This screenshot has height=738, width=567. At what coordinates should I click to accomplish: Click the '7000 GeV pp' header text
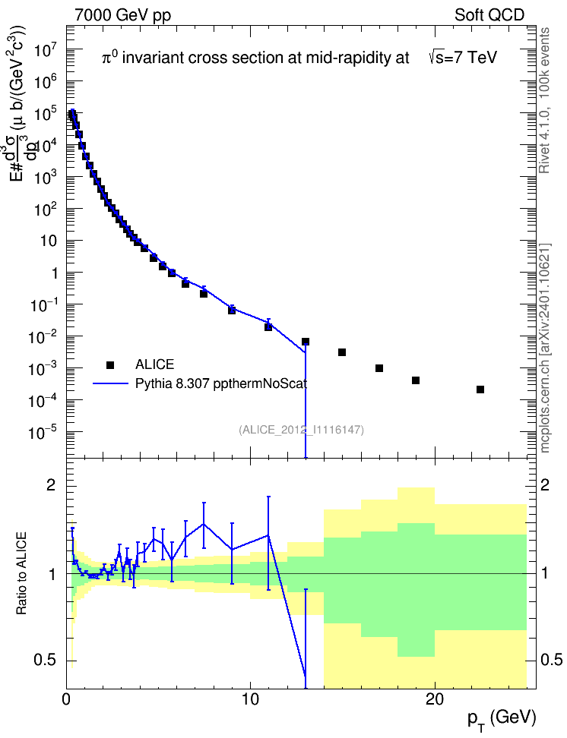coord(122,15)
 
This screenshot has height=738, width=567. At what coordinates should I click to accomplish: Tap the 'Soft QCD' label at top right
coord(489,15)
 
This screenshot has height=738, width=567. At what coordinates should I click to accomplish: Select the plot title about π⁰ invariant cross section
coord(299,58)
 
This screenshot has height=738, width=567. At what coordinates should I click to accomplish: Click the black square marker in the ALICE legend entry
coord(110,364)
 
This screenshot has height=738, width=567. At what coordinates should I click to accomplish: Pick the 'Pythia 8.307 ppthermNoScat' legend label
coord(221,383)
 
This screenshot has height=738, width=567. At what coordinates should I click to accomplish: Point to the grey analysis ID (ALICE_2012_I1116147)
coord(302,430)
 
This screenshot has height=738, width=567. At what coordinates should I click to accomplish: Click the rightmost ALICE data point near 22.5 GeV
coord(480,389)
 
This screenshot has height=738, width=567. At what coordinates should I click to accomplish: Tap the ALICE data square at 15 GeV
coord(342,352)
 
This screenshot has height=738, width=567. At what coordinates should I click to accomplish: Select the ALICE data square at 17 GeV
coord(379,368)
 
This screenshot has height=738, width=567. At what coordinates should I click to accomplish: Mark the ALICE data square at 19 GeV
coord(416,380)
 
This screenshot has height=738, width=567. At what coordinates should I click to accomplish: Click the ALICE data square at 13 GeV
coord(306,342)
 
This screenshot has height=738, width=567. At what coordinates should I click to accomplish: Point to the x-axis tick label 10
coord(250,699)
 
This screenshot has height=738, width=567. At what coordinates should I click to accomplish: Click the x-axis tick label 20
coord(434,699)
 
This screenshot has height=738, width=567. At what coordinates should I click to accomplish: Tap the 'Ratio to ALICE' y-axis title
coord(22,573)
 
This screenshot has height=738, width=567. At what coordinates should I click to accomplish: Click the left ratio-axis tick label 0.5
coord(46,660)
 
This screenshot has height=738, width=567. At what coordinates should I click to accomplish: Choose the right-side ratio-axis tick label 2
coord(544,485)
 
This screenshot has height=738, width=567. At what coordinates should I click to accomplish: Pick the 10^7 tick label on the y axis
coord(46,49)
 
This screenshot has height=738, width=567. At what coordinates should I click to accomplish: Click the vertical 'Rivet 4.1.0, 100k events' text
coord(544,100)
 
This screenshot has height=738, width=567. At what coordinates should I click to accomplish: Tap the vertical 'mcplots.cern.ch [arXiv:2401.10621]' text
coord(544,348)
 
